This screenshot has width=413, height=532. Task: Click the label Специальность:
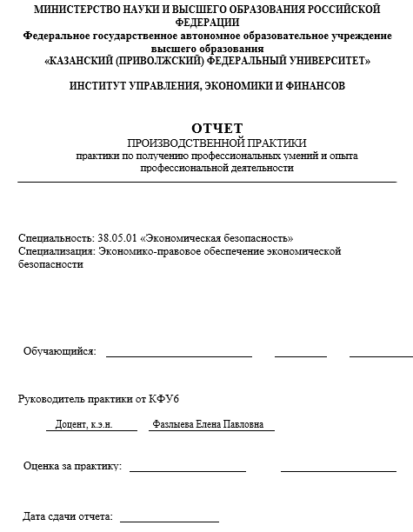pyautogui.click(x=55, y=237)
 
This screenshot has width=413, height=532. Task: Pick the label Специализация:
pyautogui.click(x=57, y=251)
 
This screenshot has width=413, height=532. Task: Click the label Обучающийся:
pyautogui.click(x=59, y=352)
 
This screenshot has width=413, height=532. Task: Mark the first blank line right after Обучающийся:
pyautogui.click(x=179, y=356)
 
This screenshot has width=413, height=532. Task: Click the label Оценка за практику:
pyautogui.click(x=72, y=466)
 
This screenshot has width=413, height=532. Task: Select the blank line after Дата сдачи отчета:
pyautogui.click(x=170, y=521)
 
